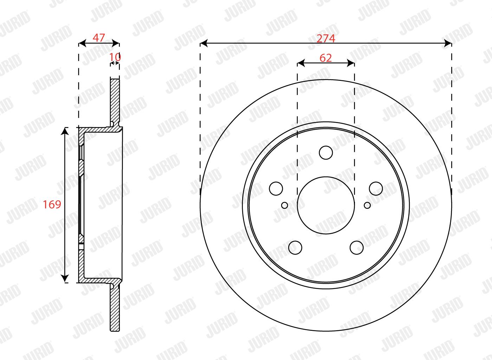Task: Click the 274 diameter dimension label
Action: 326,38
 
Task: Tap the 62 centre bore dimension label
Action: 325,58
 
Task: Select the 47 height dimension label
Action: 99,38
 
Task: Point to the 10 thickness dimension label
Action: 115,57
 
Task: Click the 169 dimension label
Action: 52,204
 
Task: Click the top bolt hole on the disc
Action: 326,153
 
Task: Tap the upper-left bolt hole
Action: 276,188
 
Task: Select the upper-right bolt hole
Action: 376,188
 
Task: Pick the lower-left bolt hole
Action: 295,248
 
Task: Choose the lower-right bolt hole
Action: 357,248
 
